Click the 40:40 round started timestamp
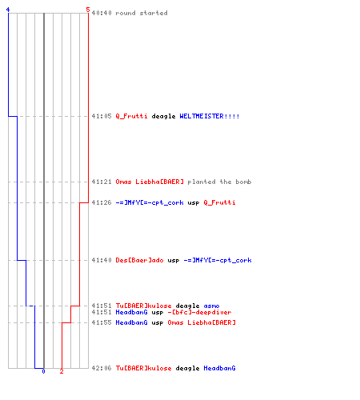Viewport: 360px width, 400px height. click(102, 13)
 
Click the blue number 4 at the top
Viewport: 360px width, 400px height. click(8, 10)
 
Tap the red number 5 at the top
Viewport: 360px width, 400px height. click(88, 10)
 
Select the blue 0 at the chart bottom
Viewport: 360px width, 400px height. click(43, 371)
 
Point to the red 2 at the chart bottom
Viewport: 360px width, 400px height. click(62, 371)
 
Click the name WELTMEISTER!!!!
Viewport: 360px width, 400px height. click(210, 116)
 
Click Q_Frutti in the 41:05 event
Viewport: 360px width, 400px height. click(131, 116)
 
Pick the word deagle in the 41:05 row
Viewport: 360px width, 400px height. click(163, 117)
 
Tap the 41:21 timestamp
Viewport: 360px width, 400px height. click(102, 182)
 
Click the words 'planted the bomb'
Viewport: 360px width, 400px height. click(219, 182)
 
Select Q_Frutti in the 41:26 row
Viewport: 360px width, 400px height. click(219, 202)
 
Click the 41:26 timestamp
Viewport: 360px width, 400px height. click(102, 202)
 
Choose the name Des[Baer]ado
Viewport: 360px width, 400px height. click(139, 260)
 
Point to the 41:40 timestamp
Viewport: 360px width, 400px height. click(102, 260)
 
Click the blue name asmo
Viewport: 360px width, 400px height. click(211, 306)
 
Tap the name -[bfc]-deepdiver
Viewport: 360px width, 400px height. click(199, 312)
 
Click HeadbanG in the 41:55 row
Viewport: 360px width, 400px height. click(131, 322)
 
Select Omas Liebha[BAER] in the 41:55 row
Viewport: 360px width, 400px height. click(202, 322)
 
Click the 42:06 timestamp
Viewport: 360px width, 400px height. click(102, 368)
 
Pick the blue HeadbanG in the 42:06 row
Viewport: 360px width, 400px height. click(219, 368)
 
